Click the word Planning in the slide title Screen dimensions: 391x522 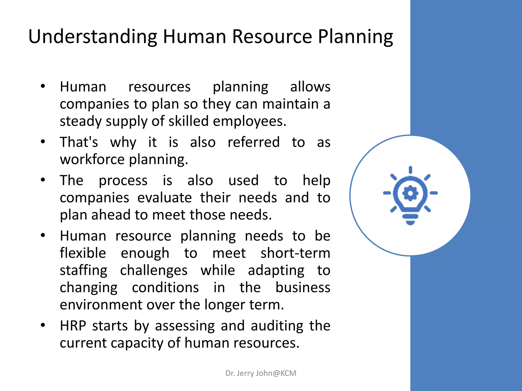pos(355,37)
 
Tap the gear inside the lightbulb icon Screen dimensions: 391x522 pos(410,193)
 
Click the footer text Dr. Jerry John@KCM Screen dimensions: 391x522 pos(261,373)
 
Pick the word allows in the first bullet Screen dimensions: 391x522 pos(310,87)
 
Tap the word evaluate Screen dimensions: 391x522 pos(164,198)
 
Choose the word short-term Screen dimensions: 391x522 pos(295,253)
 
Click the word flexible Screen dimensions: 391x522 pos(83,253)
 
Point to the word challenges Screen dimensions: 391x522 pos(154,270)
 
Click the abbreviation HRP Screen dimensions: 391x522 pos(73,326)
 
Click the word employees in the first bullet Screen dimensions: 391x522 pos(249,121)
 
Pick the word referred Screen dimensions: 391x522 pos(254,142)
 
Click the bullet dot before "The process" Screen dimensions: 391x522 pos(43,180)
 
